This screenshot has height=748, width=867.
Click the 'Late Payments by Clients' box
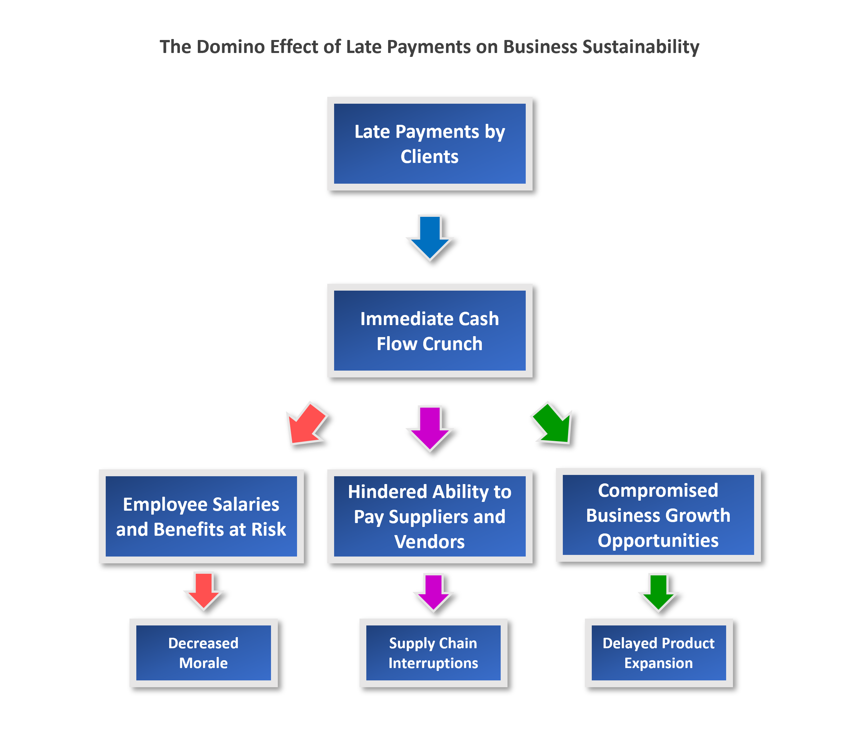[x=429, y=143]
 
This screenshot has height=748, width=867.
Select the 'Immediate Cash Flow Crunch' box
[x=429, y=330]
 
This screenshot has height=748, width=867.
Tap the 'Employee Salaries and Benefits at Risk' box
[x=201, y=516]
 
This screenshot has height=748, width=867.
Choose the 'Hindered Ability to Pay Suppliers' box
[x=429, y=516]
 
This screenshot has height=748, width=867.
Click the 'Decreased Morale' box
[x=203, y=653]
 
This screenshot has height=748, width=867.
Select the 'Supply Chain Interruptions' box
[x=433, y=653]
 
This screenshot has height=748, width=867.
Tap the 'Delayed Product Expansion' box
[x=658, y=653]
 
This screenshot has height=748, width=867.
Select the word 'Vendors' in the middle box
[x=429, y=542]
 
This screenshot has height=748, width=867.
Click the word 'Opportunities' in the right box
[x=658, y=540]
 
